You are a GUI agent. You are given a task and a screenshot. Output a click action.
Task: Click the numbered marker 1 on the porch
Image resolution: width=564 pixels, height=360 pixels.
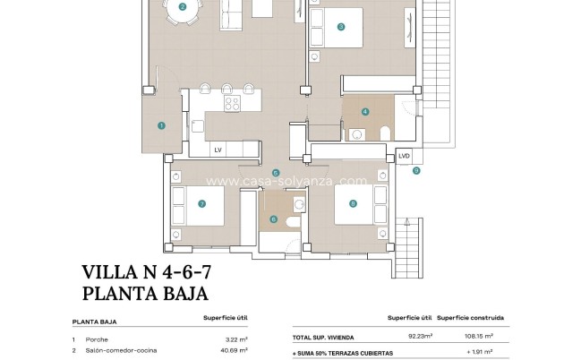pos(161,125)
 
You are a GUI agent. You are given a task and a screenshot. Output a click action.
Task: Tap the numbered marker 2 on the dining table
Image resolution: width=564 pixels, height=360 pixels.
pos(183,6)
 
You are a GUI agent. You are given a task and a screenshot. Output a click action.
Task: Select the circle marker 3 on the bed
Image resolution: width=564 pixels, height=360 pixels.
pos(341,26)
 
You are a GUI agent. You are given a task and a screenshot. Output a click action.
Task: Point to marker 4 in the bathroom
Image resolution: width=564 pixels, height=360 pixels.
pos(365,111)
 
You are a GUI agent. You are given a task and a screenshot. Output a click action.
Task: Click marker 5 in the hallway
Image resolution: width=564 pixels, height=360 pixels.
pos(276,174)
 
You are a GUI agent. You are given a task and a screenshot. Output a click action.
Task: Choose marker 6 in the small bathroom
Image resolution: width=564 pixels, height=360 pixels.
pos(273,219)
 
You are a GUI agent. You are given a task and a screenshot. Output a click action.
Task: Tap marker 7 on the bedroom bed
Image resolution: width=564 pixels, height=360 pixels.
pos(201,204)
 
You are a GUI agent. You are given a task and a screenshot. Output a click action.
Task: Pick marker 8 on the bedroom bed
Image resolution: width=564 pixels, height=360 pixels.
pos(353,204)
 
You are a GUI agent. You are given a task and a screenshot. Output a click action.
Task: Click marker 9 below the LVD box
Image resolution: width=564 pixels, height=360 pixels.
pos(416,171)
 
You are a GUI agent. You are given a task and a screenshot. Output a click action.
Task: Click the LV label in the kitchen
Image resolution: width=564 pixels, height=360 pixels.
pos(218,150)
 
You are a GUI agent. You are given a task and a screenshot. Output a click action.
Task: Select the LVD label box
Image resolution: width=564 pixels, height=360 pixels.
pos(405,156)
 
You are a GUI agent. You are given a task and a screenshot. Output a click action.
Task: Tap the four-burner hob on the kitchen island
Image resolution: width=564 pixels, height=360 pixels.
pos(232,103)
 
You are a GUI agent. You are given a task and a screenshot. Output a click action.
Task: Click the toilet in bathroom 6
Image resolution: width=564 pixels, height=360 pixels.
pos(294,222)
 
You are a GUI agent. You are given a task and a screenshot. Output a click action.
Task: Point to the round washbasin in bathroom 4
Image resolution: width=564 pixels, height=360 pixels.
pos(357,135)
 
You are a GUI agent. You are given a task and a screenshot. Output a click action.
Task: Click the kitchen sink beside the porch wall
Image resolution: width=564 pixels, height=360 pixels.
pos(198,126)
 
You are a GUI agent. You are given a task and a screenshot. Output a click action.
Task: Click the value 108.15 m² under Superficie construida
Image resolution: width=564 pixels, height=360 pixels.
pos(479,336)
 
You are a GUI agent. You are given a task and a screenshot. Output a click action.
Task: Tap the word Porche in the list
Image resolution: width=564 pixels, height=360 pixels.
pos(97,339)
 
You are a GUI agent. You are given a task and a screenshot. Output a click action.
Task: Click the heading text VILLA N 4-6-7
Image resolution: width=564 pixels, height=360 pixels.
pos(147,272)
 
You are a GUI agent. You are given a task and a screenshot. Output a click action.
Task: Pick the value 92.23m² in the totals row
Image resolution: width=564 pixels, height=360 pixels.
pos(420,336)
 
